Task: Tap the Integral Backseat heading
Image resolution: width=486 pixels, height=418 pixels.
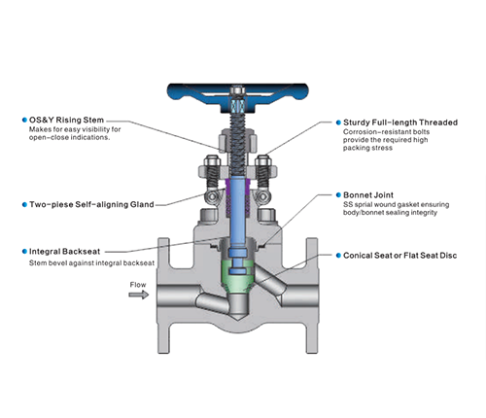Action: [64, 251]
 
